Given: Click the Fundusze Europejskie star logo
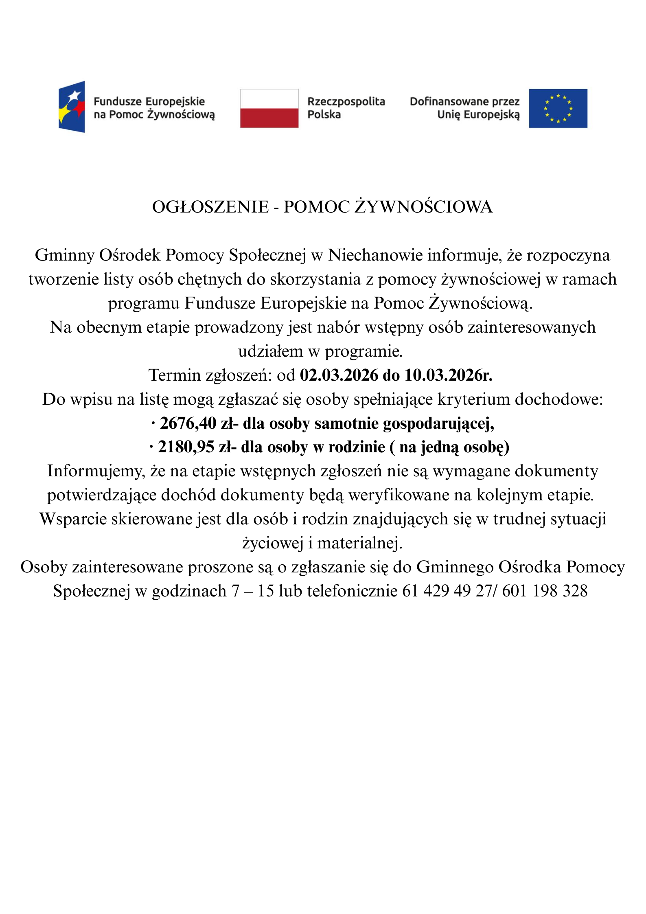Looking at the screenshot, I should pyautogui.click(x=72, y=107).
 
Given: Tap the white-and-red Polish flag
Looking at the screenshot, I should pyautogui.click(x=269, y=108).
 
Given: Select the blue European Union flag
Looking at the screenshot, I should pyautogui.click(x=558, y=108).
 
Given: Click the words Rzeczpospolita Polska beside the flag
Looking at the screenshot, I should pyautogui.click(x=346, y=108).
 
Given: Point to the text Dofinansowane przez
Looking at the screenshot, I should pyautogui.click(x=464, y=101).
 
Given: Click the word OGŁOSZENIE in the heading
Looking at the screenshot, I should pyautogui.click(x=210, y=207).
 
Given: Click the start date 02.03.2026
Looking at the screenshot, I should pyautogui.click(x=339, y=375).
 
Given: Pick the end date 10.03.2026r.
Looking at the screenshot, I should pyautogui.click(x=448, y=375).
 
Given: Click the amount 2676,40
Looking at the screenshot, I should pyautogui.click(x=188, y=423).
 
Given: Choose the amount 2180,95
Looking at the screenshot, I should pyautogui.click(x=186, y=447).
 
